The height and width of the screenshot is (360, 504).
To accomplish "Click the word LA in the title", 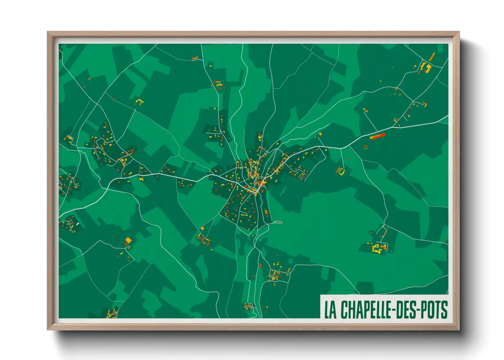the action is [330, 310].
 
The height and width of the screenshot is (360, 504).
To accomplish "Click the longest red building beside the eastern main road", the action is [378, 136].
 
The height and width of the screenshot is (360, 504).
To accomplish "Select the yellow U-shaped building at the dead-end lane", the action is [341, 171].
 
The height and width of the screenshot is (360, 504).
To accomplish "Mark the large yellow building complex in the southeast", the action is [378, 248].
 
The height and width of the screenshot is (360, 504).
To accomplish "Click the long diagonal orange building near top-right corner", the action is [432, 57].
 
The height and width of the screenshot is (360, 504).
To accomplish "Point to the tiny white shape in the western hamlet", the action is [77, 224].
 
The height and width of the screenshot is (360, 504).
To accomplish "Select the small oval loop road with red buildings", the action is [278, 222].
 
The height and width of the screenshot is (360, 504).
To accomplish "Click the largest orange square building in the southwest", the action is [128, 241].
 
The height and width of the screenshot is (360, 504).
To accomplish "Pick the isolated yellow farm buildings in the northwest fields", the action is [139, 101].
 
